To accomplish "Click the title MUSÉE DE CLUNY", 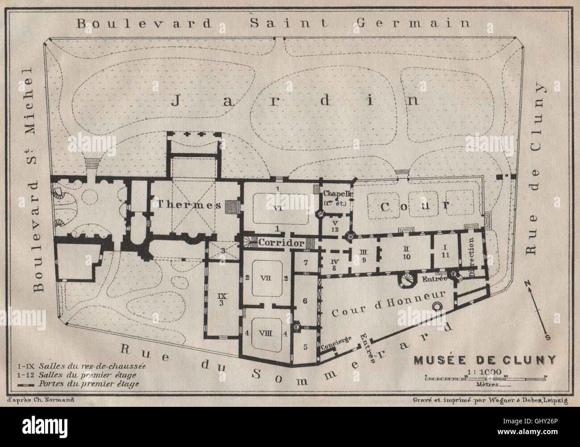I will point(485,360).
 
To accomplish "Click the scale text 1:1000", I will point(484,372).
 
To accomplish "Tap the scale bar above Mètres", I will point(485,378).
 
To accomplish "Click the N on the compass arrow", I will point(526,283).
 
